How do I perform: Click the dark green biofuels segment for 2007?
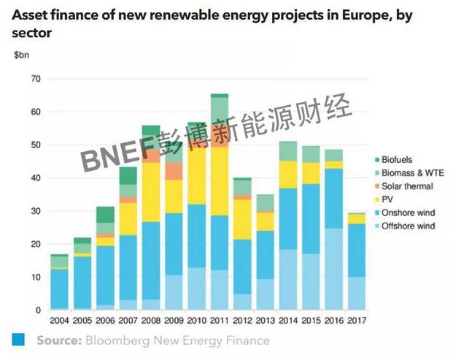point(128,175)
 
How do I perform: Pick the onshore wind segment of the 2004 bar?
point(60,288)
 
